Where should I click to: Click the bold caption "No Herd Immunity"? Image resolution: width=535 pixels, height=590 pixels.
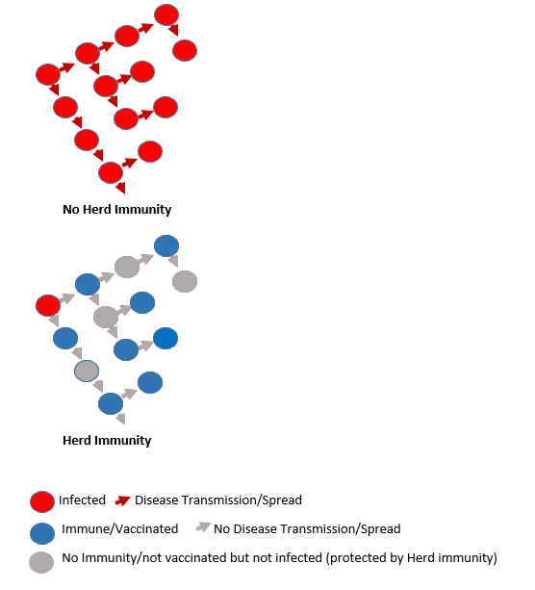click(x=116, y=210)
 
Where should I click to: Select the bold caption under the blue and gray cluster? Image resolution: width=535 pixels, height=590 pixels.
click(x=107, y=441)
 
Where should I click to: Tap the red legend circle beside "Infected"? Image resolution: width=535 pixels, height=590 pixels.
click(x=42, y=501)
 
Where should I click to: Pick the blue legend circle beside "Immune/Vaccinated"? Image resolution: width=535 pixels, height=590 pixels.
click(x=42, y=533)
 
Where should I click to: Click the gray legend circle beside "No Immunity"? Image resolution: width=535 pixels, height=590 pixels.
click(x=41, y=562)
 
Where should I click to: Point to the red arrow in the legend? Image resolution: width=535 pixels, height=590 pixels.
click(x=122, y=500)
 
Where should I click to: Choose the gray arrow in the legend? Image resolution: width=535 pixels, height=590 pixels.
click(x=204, y=526)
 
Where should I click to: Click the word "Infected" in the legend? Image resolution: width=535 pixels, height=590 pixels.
click(x=82, y=500)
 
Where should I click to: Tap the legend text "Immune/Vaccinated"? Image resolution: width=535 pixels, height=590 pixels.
click(x=120, y=529)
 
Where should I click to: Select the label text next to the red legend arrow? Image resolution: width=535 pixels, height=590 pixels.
click(x=218, y=500)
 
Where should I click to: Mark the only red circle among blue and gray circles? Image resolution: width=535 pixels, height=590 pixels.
click(x=48, y=305)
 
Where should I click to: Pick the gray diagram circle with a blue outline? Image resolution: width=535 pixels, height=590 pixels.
click(x=87, y=371)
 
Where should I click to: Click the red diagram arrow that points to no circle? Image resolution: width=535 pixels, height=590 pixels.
click(x=120, y=187)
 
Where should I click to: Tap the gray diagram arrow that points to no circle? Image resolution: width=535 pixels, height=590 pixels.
click(x=120, y=418)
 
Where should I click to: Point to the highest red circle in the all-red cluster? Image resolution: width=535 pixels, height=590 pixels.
click(x=166, y=14)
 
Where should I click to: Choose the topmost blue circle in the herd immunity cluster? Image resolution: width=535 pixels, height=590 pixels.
click(x=166, y=245)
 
